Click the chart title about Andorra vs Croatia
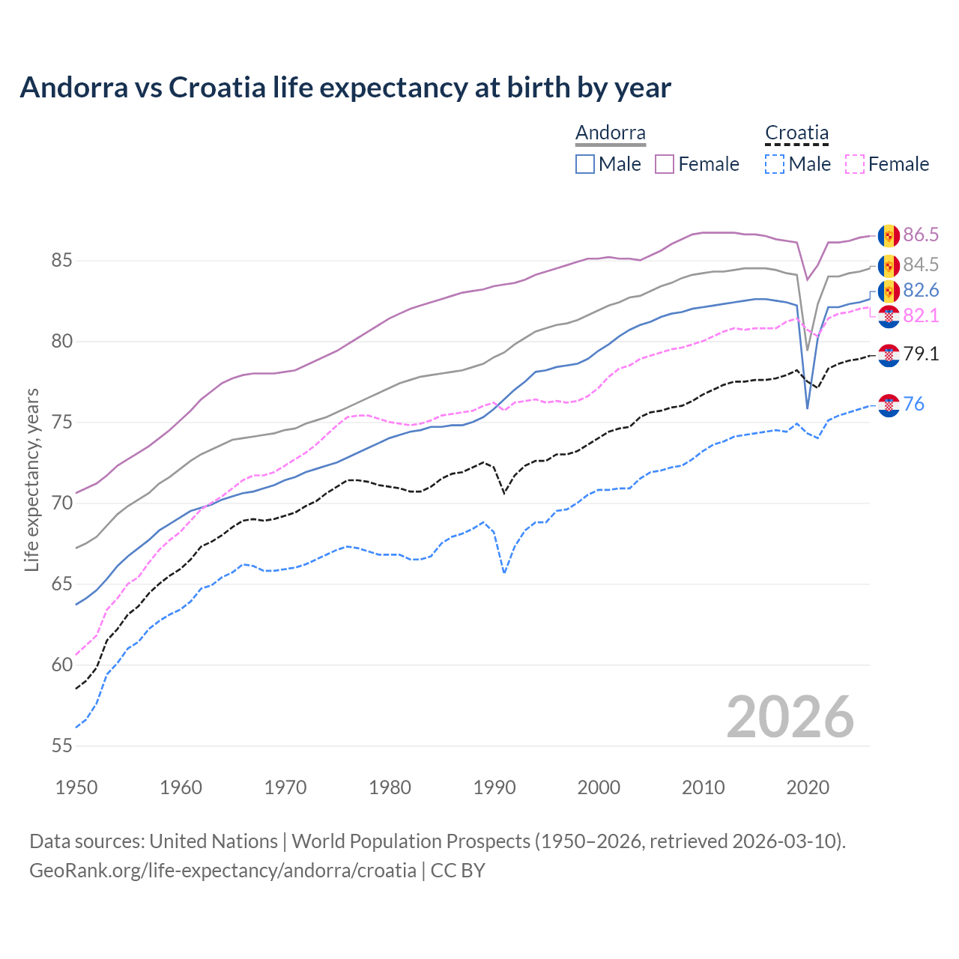(345, 88)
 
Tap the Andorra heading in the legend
(610, 133)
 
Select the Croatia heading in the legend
(796, 133)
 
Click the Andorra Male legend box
(585, 164)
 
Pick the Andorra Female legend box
(665, 164)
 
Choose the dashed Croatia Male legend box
(775, 164)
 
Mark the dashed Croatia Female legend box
(855, 164)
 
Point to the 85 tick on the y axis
(61, 261)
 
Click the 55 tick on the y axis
(61, 745)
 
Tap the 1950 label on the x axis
(76, 787)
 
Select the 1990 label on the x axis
(494, 787)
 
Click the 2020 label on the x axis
(808, 787)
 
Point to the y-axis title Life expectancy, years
(32, 479)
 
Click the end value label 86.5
(921, 235)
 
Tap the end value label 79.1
(921, 354)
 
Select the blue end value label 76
(914, 405)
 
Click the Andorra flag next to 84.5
(889, 265)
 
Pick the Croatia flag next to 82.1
(889, 316)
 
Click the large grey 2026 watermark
(790, 717)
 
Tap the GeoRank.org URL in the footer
(223, 871)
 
